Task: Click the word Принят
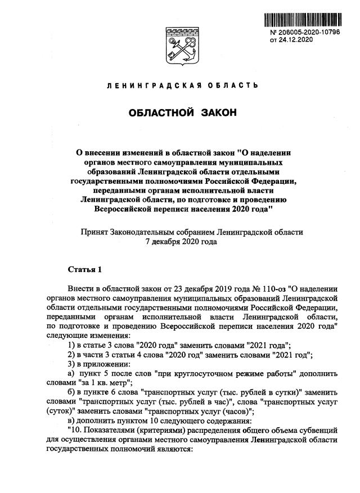[96, 232]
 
